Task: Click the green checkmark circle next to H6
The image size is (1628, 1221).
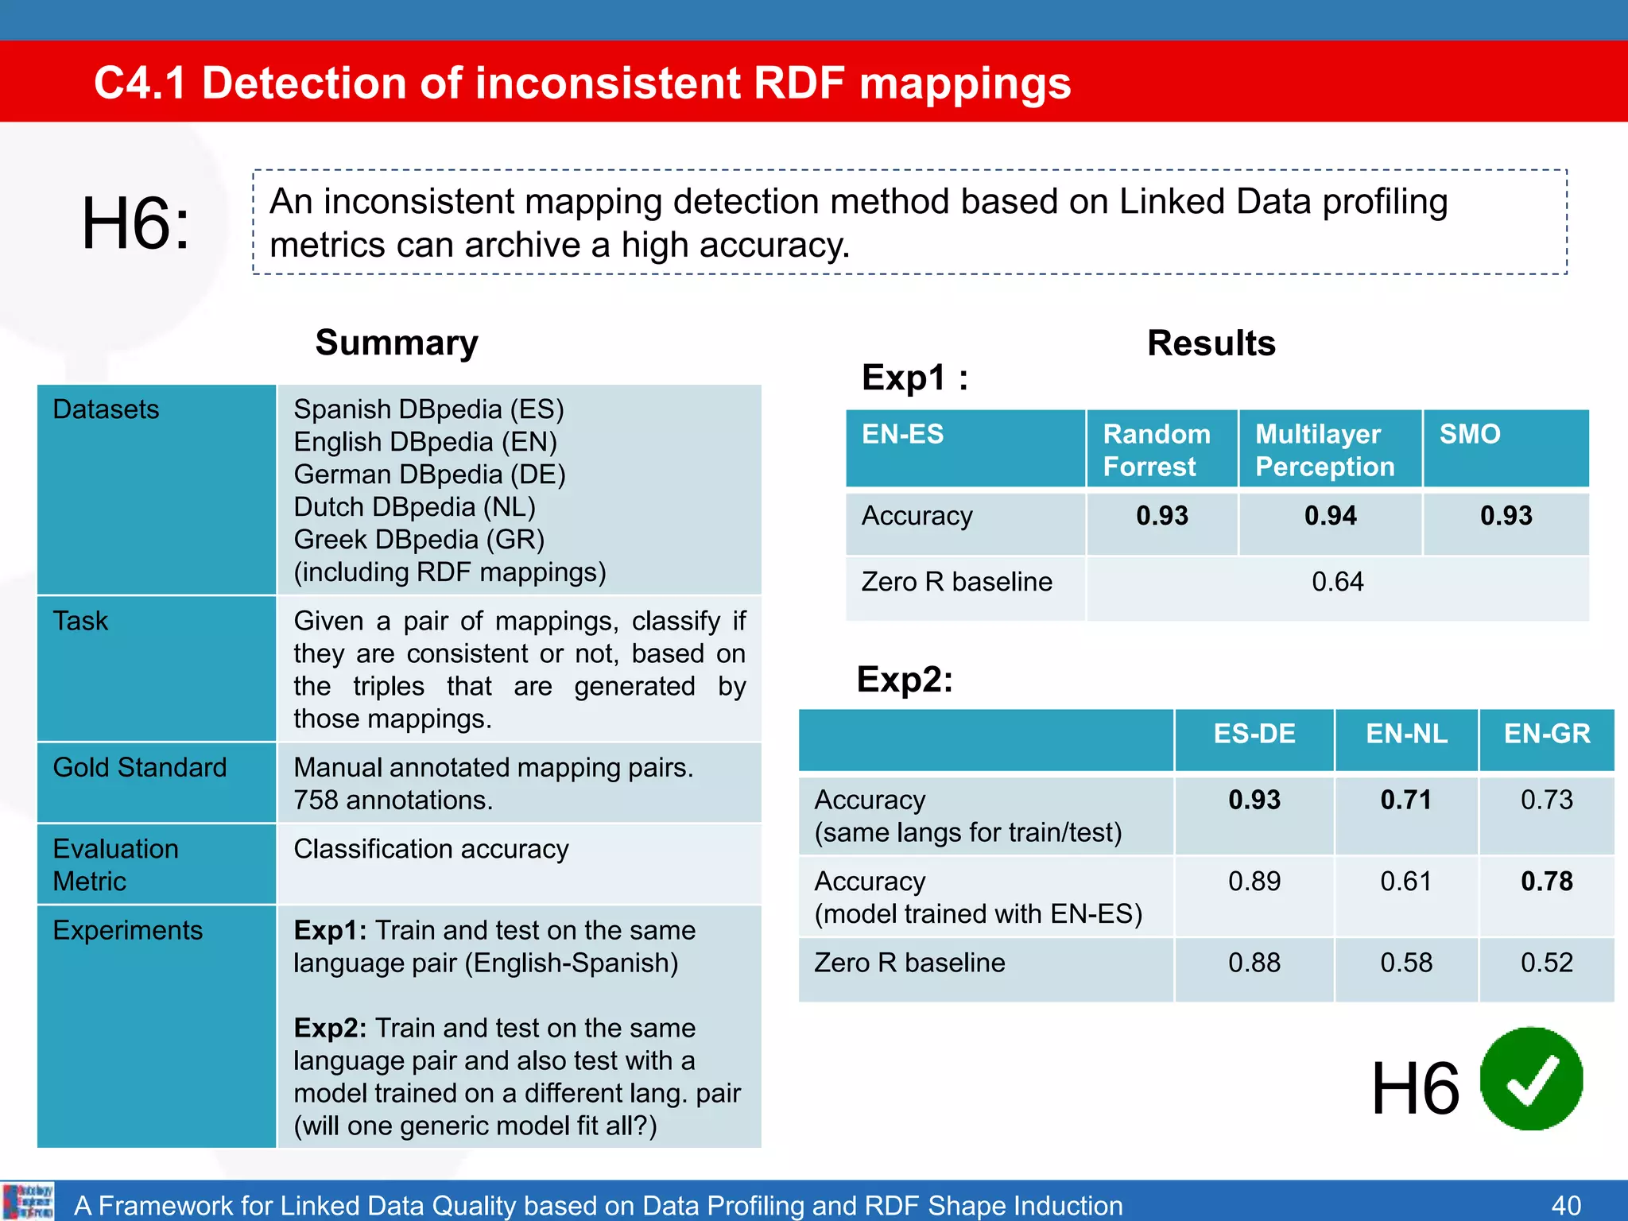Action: (1531, 1079)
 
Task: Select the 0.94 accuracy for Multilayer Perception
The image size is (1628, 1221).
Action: (1330, 516)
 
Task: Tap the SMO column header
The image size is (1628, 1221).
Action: (1470, 434)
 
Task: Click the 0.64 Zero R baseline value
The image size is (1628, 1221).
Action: (1337, 582)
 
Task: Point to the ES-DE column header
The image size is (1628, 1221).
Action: (1254, 734)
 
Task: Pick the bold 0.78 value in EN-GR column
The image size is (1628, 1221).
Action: (1546, 882)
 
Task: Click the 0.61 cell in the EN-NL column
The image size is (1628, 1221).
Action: (1405, 882)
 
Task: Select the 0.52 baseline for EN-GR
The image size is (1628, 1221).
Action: (1546, 963)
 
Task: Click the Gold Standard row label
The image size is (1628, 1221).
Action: (140, 768)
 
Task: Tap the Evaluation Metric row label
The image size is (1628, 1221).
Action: (115, 865)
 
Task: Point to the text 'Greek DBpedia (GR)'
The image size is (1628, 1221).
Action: (419, 540)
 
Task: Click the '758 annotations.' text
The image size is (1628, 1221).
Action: (393, 800)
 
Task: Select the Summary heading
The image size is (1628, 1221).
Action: (397, 343)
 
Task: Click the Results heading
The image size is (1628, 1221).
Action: (1211, 343)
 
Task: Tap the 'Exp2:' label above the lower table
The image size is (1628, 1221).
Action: (905, 680)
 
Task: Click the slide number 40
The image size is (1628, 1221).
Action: (1565, 1205)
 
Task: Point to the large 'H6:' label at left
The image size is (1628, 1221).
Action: (136, 223)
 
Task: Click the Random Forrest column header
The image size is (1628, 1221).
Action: (1156, 450)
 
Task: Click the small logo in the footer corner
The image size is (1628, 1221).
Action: (28, 1201)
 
